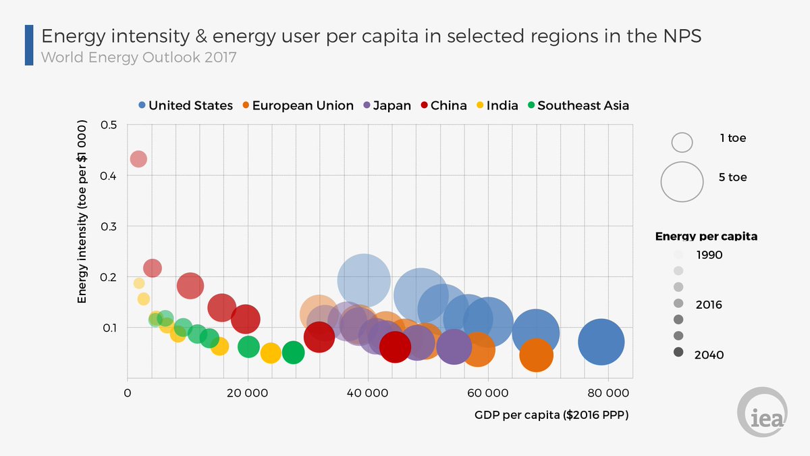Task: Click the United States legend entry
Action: coord(186,105)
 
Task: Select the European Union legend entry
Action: coord(298,105)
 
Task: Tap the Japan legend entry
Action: coord(387,105)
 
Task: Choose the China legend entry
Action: coord(443,105)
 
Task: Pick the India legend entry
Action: coord(497,105)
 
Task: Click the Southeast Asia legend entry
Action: coord(578,105)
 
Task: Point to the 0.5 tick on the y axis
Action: coord(109,125)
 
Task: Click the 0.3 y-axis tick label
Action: coord(109,226)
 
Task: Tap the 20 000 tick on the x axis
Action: coord(247,393)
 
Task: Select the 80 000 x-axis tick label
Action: coord(608,393)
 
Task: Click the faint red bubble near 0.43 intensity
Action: coord(138,159)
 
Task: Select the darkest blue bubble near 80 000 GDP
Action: coord(601,342)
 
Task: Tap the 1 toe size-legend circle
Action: coord(682,143)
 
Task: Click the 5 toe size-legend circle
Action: coord(682,182)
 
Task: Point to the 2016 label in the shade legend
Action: coord(709,305)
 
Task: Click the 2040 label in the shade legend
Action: coord(709,355)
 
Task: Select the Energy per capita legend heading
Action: coord(706,236)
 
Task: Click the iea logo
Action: coord(762,412)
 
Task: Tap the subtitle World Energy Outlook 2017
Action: coord(139,57)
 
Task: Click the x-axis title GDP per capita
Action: coord(551,415)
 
